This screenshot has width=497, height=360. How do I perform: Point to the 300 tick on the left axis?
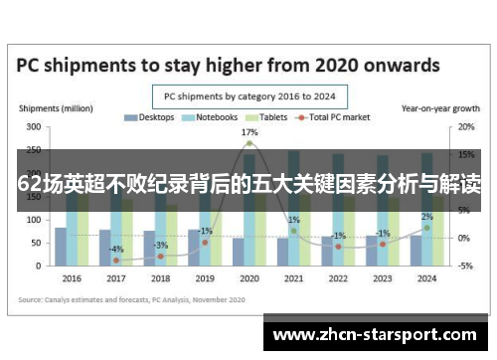(x=33, y=127)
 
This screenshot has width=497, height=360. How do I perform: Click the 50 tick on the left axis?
(x=36, y=243)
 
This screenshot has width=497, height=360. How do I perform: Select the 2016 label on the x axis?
(x=72, y=279)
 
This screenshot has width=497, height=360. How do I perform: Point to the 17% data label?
(x=249, y=132)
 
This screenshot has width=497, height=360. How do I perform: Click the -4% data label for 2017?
(x=116, y=249)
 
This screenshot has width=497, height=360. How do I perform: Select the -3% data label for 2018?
(x=161, y=245)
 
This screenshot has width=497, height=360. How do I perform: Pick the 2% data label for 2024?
(x=426, y=217)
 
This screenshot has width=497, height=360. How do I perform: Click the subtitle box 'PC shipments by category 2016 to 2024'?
(x=248, y=96)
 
